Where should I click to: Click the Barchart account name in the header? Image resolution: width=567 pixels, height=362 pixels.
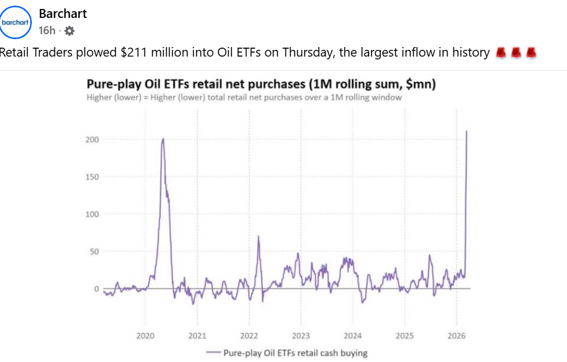pos(63,13)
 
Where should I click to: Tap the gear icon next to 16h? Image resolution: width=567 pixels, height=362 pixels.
pos(69,31)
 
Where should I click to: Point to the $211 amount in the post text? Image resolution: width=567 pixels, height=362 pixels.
pos(134,53)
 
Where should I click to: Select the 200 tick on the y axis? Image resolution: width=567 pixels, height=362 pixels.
pos(92,139)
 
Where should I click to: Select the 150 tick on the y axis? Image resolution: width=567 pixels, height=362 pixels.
pos(92,177)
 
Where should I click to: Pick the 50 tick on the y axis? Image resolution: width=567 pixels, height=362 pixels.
pos(94,252)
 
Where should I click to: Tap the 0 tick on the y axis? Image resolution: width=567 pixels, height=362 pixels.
pos(96,289)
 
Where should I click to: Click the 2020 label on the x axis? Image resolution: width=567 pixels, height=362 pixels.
pos(145,336)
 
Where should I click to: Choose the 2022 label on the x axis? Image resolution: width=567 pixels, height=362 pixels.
pos(249,336)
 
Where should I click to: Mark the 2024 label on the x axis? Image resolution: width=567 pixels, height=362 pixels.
pos(352,336)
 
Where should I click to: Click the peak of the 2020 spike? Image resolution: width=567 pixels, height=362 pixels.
pos(162,139)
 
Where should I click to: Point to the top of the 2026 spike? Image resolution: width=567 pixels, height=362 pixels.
pos(467,132)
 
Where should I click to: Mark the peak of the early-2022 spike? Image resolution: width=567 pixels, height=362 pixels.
pos(258,236)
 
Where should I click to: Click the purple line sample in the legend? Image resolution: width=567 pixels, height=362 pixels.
pos(212,353)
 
